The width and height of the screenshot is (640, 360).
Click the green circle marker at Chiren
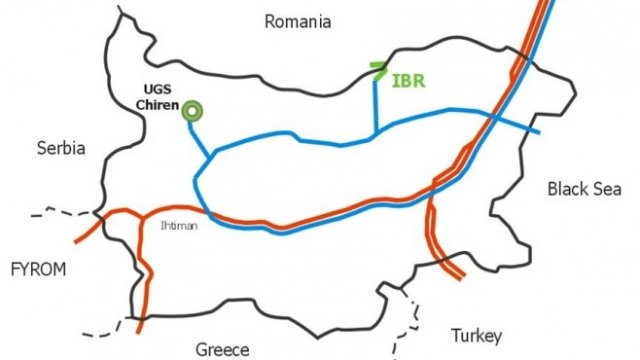pyautogui.click(x=190, y=112)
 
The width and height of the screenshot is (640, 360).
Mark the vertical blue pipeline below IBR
pyautogui.click(x=376, y=105)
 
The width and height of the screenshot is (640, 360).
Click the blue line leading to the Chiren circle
pyautogui.click(x=200, y=135)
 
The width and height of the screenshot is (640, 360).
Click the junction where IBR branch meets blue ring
pyautogui.click(x=376, y=132)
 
